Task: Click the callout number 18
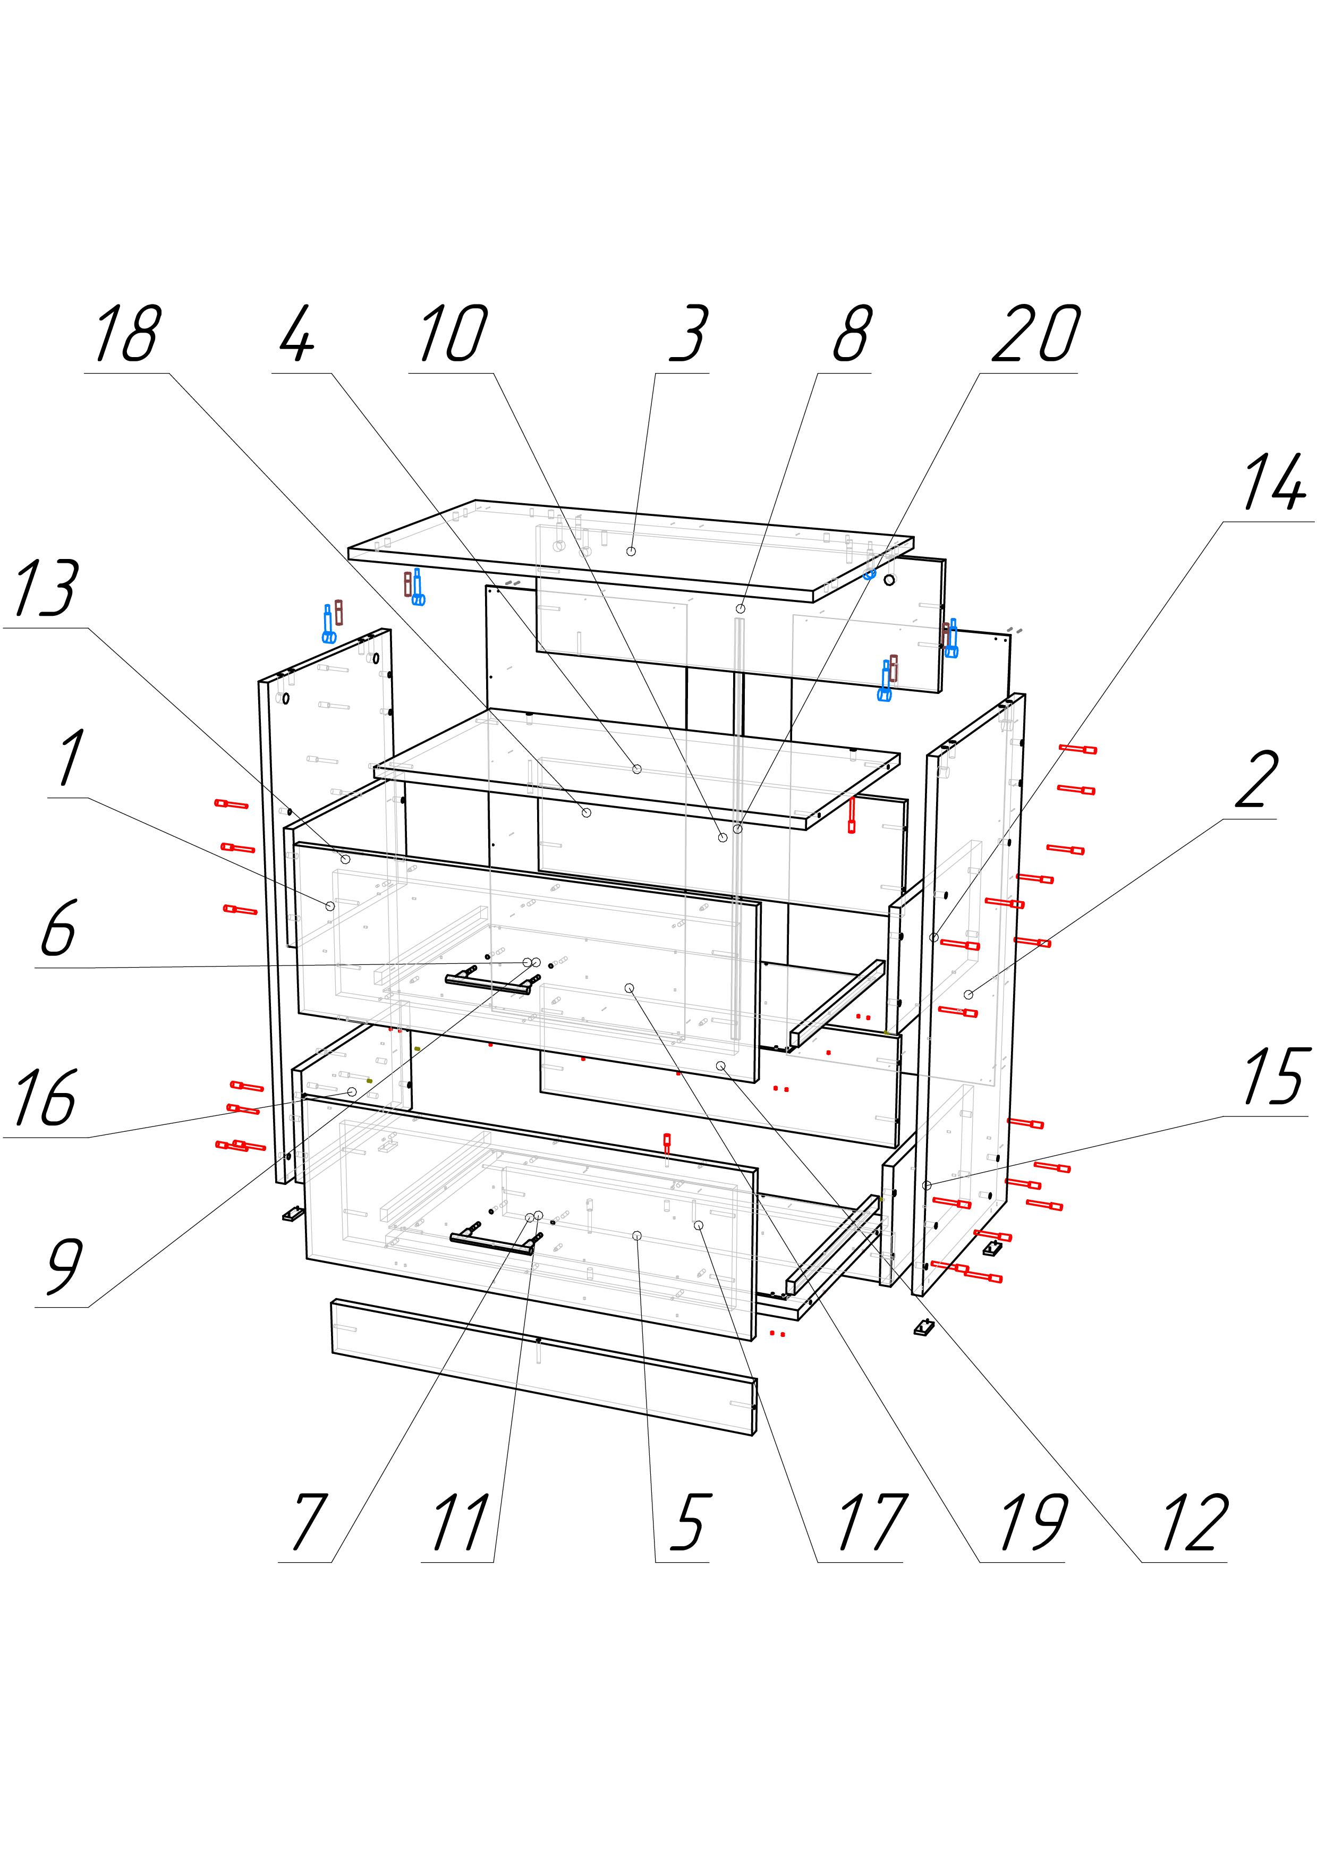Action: tap(126, 334)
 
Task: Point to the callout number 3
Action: tap(689, 334)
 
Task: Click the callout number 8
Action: tap(852, 334)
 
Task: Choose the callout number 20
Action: tap(1036, 334)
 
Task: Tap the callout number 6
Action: tap(58, 927)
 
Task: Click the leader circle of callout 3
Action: tap(631, 551)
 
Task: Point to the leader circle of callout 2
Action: tap(968, 995)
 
